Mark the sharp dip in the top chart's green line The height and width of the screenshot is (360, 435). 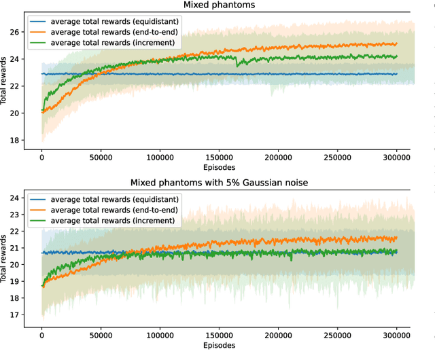pyautogui.click(x=237, y=65)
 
